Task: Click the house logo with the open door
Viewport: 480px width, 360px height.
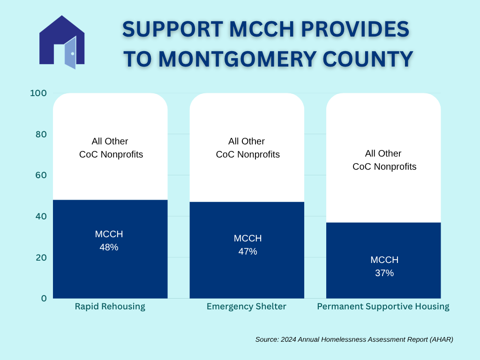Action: [62, 42]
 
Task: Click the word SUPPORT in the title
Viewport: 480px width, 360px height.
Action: [172, 30]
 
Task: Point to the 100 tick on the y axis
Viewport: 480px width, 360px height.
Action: [38, 93]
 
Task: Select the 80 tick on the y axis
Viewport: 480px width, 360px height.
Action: [41, 134]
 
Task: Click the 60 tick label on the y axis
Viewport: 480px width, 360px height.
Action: [41, 175]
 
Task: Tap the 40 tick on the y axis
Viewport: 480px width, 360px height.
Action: [41, 216]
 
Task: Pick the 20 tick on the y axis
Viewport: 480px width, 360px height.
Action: [41, 257]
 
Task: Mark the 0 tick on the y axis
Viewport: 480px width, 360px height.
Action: [44, 298]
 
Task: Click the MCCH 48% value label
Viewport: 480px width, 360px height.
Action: [109, 240]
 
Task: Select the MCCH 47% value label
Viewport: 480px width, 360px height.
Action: [247, 245]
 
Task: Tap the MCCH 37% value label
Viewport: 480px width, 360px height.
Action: [384, 266]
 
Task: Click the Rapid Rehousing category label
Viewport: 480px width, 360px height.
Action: [110, 307]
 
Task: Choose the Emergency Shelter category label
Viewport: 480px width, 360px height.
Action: [247, 307]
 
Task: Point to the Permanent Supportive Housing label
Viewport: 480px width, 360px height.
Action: [383, 307]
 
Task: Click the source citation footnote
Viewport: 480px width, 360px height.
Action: [354, 339]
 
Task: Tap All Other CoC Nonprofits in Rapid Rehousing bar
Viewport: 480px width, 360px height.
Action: [111, 148]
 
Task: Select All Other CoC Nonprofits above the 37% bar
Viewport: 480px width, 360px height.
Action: [384, 160]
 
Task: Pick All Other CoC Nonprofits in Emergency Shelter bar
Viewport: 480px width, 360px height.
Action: [247, 148]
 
